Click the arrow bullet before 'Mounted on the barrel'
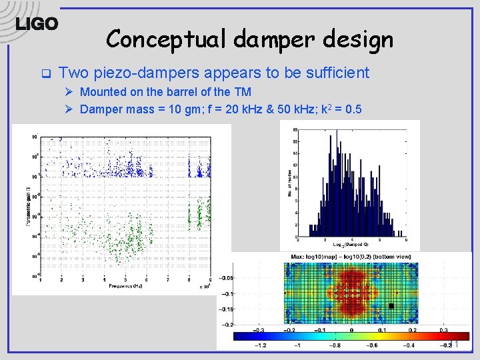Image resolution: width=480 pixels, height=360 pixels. click(68, 92)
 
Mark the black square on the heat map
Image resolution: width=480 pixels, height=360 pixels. click(391, 306)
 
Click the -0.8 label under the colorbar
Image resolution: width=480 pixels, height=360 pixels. click(335, 345)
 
